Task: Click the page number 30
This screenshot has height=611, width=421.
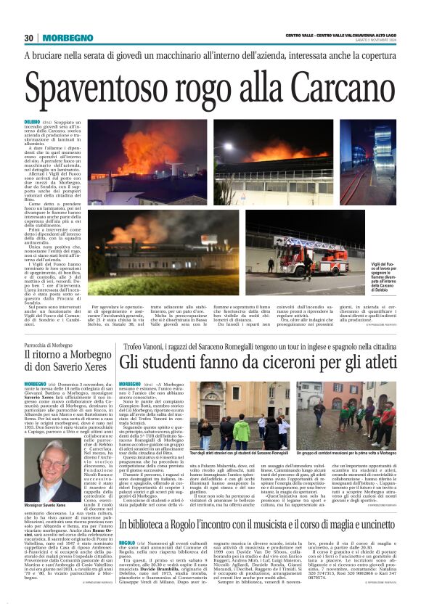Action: pyautogui.click(x=29, y=38)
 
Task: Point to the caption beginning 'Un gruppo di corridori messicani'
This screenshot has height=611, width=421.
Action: pyautogui.click(x=352, y=454)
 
